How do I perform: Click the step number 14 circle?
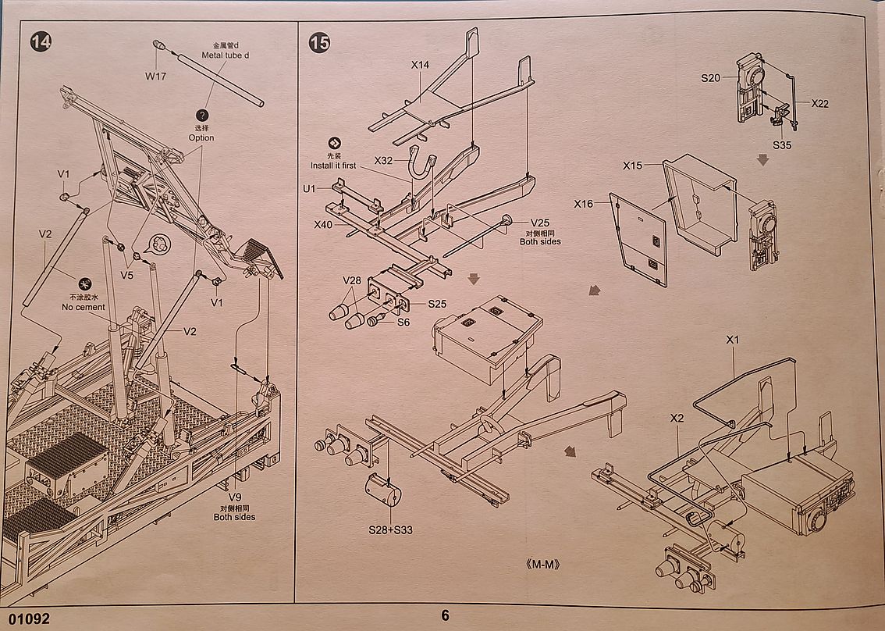[40, 42]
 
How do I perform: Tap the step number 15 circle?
[319, 42]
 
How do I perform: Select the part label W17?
[156, 76]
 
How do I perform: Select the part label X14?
[421, 66]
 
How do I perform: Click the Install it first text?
[333, 166]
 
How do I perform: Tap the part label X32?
[384, 160]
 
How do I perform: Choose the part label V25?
[539, 223]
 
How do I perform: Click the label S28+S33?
[390, 529]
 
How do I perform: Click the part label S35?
[782, 144]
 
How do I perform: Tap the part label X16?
[585, 204]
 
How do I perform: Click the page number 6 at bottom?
[445, 615]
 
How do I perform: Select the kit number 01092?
[28, 619]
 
